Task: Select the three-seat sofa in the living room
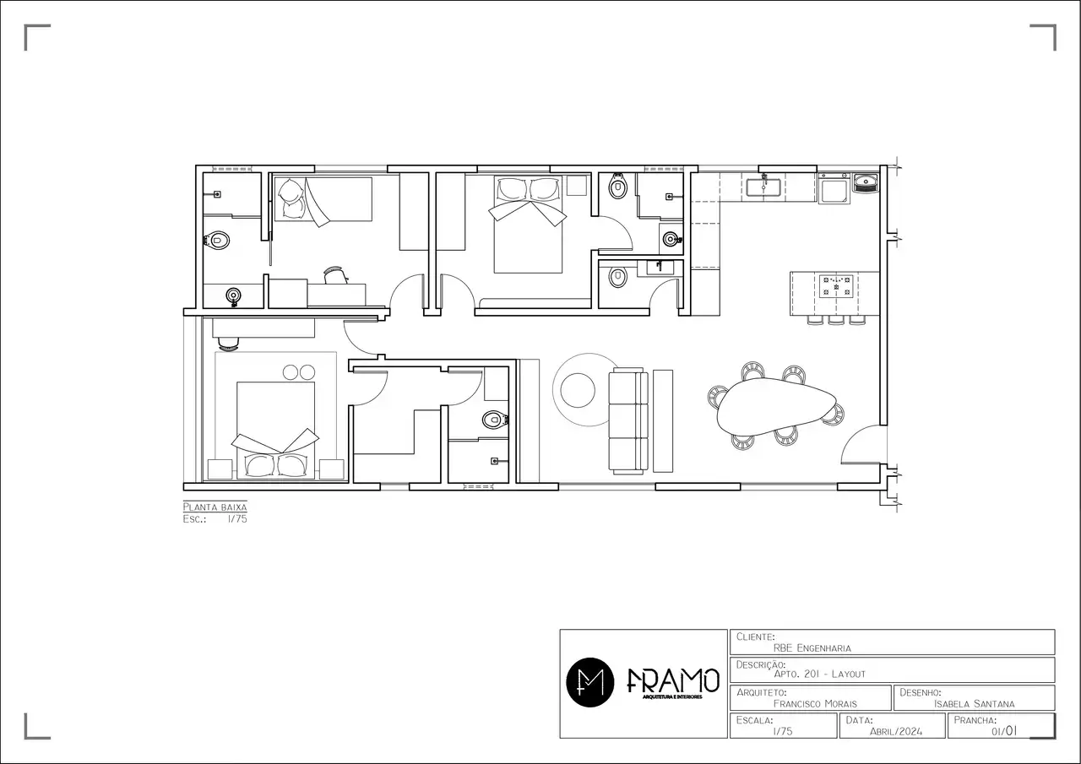(x=628, y=420)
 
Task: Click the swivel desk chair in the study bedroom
(x=335, y=274)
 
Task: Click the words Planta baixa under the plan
(x=215, y=507)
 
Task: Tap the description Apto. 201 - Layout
(x=819, y=674)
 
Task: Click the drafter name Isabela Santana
(x=975, y=703)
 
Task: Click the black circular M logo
(x=590, y=680)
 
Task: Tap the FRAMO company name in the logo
(x=673, y=680)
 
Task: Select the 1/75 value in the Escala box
(x=782, y=731)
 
